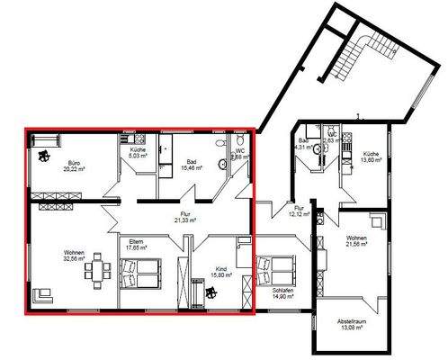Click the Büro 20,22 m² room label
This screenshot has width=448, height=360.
[x=74, y=164]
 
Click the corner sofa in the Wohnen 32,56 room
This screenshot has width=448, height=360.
[x=42, y=296]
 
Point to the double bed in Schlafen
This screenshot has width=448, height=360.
[x=277, y=270]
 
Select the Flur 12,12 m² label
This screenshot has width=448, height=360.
[x=299, y=211]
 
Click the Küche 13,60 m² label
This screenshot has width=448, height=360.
[x=372, y=157]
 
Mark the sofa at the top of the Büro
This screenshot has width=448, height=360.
[x=45, y=139]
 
